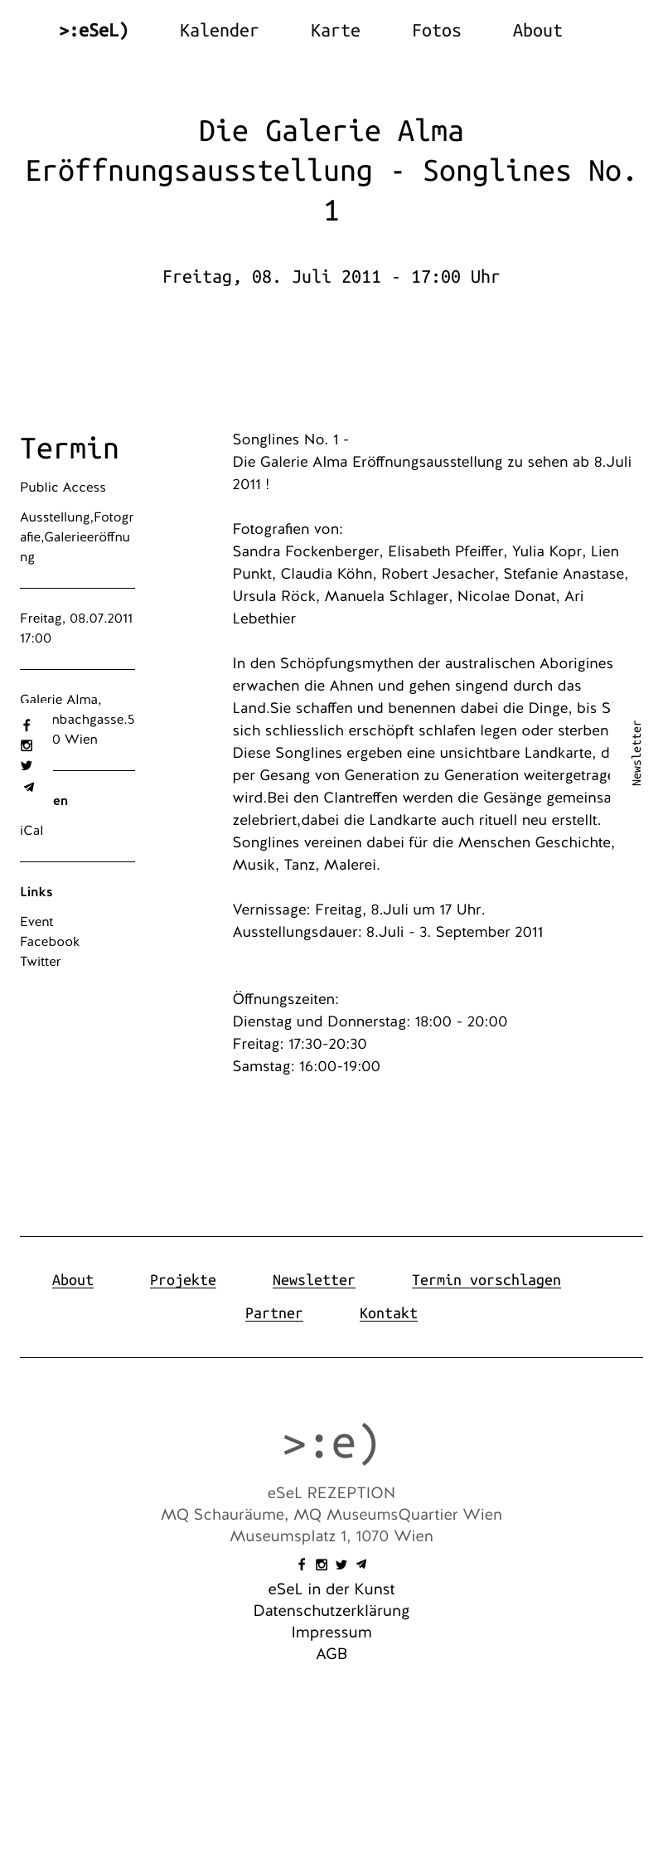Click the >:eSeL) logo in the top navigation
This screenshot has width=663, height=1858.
94,31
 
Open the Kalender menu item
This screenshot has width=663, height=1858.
219,31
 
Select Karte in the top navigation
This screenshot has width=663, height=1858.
335,31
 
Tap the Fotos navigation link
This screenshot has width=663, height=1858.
436,31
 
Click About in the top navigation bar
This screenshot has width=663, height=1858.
537,31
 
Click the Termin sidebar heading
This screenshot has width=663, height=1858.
70,449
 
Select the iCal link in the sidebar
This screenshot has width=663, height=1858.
31,831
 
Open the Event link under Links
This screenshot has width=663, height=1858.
36,922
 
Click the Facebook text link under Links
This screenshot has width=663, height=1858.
50,942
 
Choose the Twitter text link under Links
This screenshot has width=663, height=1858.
41,962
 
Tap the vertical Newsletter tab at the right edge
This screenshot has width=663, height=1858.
636,753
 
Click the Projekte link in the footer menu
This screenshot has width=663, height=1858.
182,1280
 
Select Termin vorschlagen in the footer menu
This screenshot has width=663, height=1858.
486,1280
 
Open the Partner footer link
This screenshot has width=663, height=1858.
273,1313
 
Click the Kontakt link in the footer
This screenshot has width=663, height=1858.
388,1313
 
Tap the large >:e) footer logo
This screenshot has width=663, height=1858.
331,1443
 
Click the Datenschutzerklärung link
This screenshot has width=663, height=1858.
331,1611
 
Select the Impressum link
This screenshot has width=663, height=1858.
331,1632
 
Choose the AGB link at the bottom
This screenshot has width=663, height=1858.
331,1654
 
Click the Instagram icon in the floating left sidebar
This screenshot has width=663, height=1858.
27,745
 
